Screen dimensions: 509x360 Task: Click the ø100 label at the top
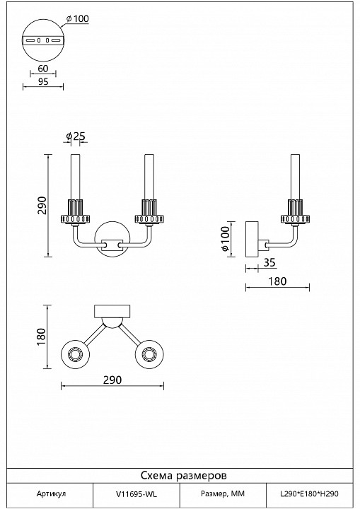(79, 18)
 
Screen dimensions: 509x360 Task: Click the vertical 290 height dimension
(42, 205)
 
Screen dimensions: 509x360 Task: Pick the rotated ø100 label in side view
(226, 240)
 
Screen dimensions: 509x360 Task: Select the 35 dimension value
(268, 262)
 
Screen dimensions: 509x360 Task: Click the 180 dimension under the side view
(277, 281)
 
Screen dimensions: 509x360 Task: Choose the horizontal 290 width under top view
(112, 380)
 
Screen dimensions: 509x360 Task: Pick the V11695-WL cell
(137, 495)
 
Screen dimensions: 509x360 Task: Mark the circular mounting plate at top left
(44, 40)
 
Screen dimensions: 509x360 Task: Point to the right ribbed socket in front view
(149, 210)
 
